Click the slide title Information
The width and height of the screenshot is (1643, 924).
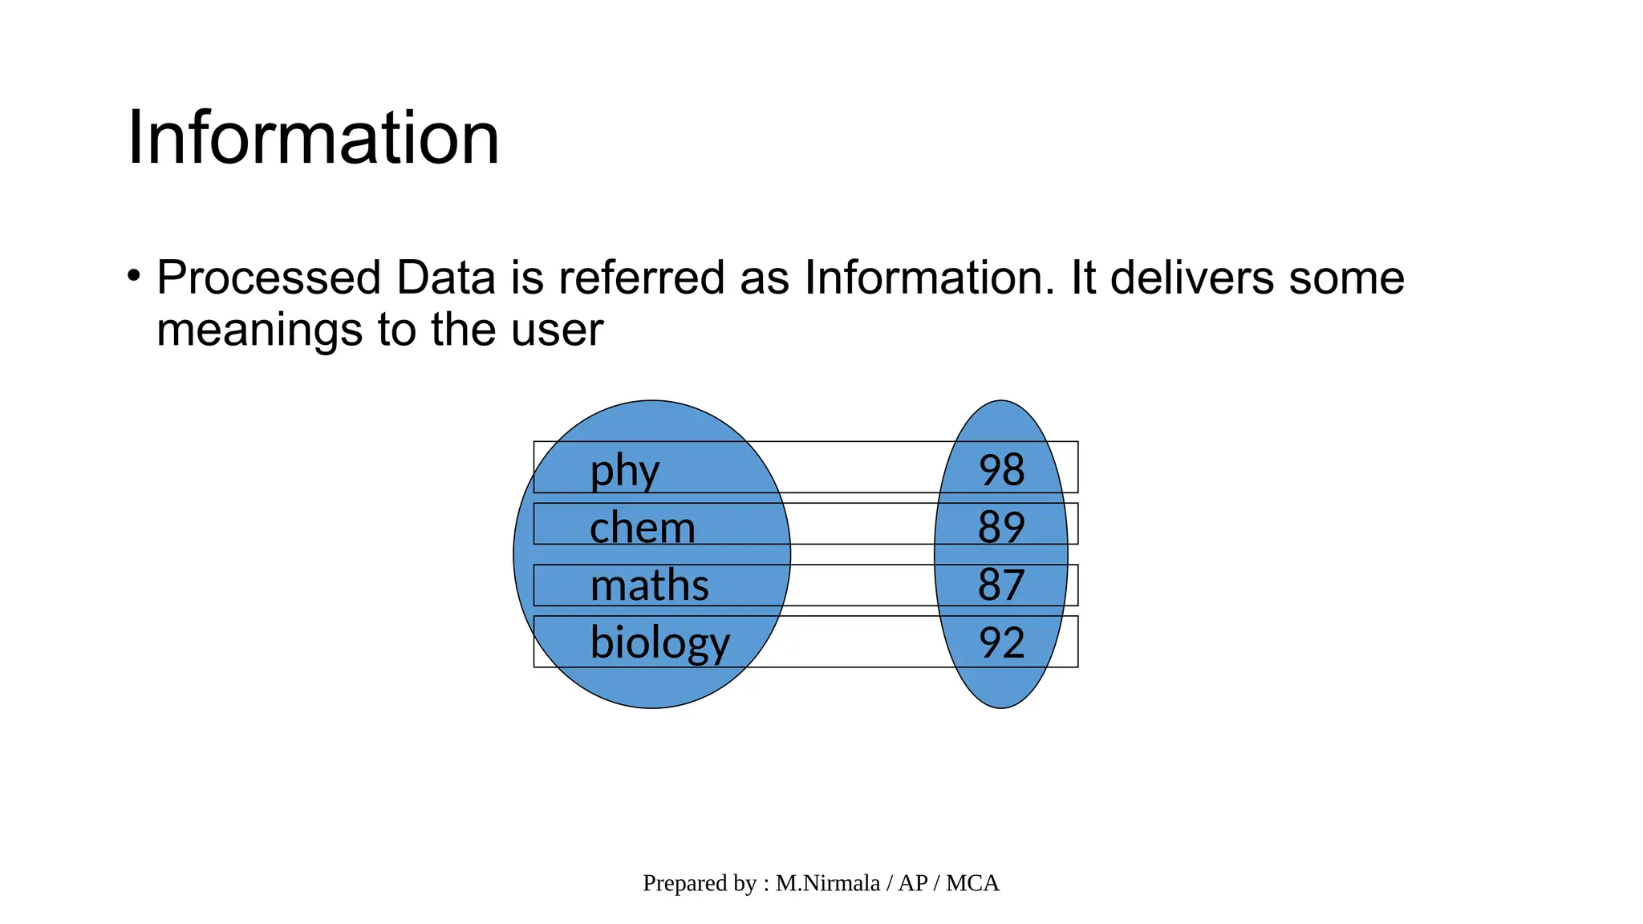[x=313, y=138]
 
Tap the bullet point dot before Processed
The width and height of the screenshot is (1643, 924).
[x=134, y=276]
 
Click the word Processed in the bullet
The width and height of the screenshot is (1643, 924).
[x=268, y=278]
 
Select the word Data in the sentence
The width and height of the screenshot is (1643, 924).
[x=445, y=278]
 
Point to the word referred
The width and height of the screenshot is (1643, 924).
[x=641, y=278]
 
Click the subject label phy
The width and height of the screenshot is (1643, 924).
[x=624, y=470]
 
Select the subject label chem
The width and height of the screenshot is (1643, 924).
[x=642, y=528]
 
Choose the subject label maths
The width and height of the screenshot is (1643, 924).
[x=649, y=585]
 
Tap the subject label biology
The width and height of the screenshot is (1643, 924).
[x=659, y=643]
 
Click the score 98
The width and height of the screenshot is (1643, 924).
[x=1001, y=470]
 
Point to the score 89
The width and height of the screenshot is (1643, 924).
[x=1001, y=528]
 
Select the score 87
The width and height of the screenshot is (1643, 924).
[x=1001, y=585]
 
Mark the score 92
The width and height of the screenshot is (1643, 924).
[x=1001, y=643]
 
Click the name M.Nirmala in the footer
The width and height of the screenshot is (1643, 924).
[x=827, y=883]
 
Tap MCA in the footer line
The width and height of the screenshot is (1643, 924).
[x=972, y=883]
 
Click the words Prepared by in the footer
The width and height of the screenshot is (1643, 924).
[x=699, y=883]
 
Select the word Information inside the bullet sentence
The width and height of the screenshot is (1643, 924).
[x=929, y=278]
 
